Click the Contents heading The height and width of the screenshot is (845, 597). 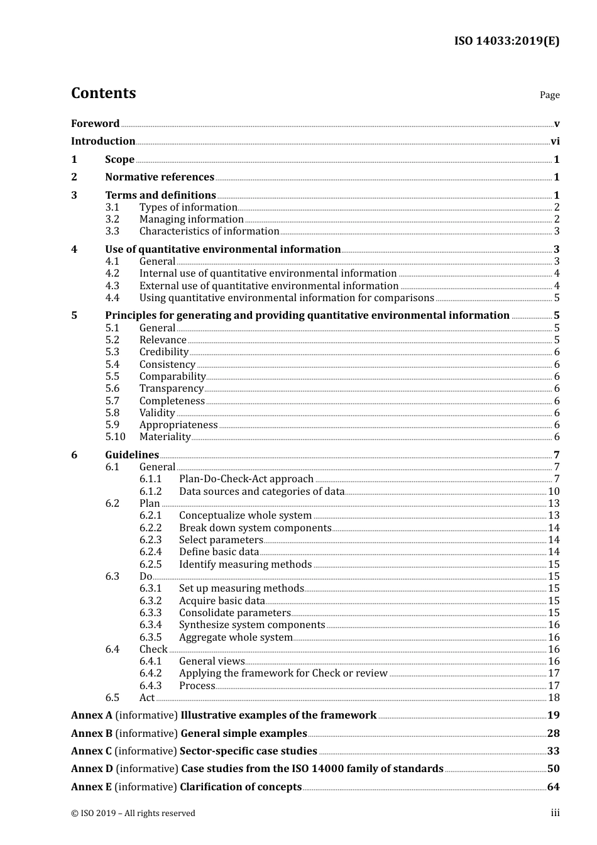[x=103, y=93]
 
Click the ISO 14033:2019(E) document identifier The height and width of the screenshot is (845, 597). [x=507, y=41]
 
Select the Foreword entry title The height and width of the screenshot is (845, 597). [x=95, y=124]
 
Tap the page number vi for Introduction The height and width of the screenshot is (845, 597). [x=555, y=141]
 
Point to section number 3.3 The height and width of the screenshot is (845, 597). [x=112, y=231]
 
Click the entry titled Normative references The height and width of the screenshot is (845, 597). [x=160, y=177]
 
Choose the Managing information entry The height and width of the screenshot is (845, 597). [x=191, y=219]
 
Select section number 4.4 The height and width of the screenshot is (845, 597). [x=112, y=298]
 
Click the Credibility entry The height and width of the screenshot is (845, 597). [x=163, y=352]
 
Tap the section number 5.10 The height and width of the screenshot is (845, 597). [x=115, y=437]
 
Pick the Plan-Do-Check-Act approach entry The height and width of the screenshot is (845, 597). [x=246, y=479]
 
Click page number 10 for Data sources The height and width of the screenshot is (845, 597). [x=554, y=492]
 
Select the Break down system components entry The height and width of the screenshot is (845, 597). [x=255, y=528]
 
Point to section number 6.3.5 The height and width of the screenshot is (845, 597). [x=150, y=638]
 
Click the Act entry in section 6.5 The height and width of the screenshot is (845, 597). [x=146, y=698]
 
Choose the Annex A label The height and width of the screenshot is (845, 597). [x=92, y=715]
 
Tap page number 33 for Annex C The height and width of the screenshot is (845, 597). [x=553, y=751]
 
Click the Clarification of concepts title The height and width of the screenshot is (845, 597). [x=241, y=787]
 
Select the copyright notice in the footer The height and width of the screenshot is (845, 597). [x=133, y=814]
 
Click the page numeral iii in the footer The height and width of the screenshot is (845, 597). [x=555, y=813]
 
